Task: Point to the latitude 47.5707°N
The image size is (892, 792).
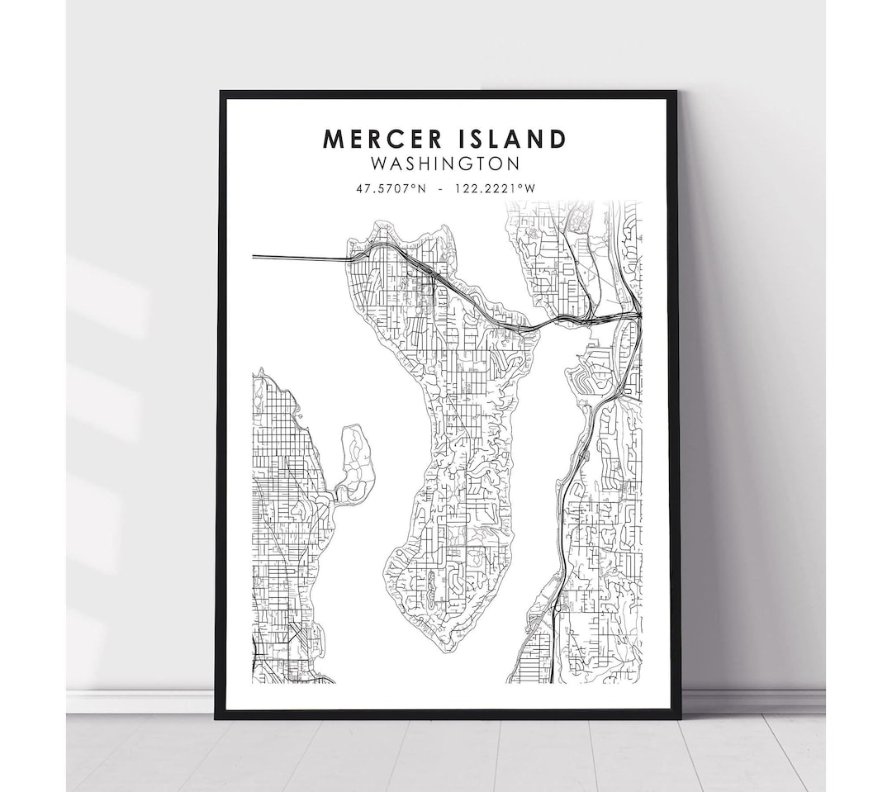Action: (391, 187)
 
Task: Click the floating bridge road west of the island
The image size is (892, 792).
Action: (297, 258)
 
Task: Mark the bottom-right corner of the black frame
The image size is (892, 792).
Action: (678, 716)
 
